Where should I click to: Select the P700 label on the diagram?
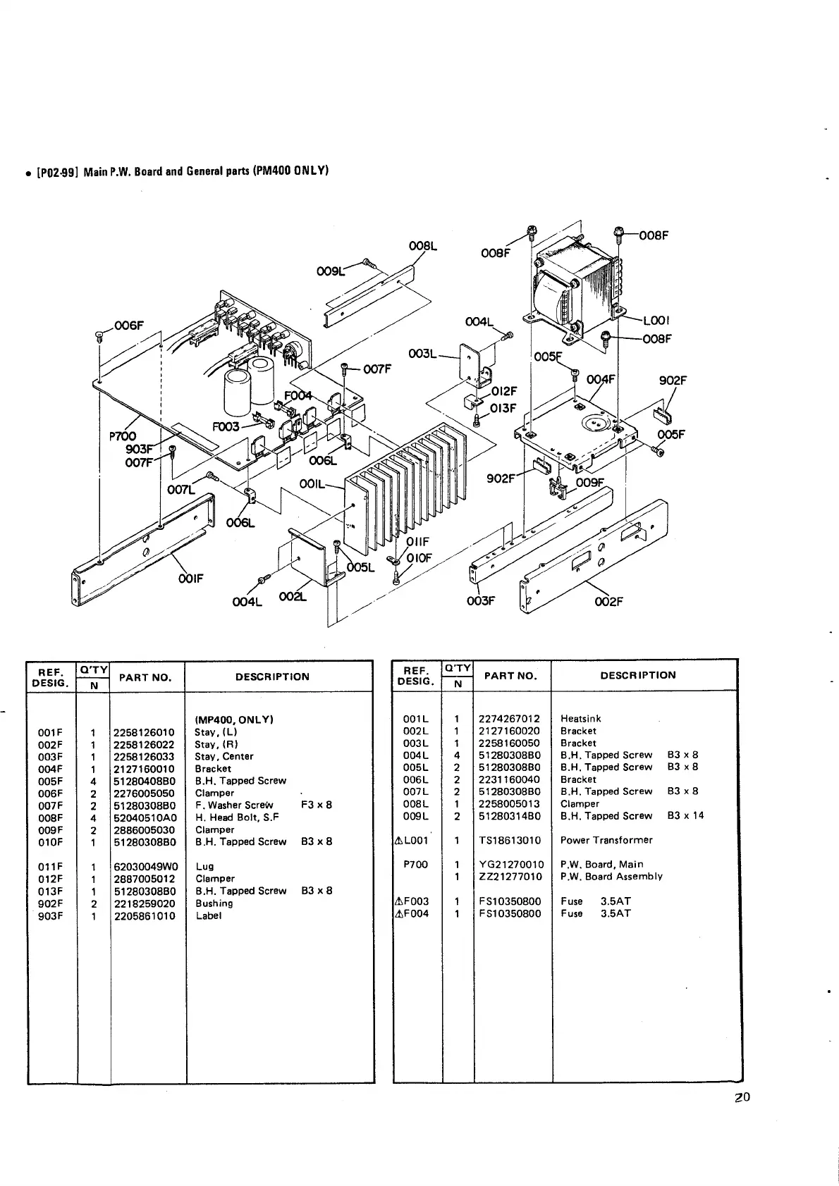pos(123,437)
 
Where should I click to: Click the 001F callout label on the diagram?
pos(190,578)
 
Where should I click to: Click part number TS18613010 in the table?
pos(509,840)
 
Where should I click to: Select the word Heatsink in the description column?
pos(580,719)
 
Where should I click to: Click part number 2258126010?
pos(144,732)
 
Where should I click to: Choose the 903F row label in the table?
pos(50,916)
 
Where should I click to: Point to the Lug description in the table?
pos(204,867)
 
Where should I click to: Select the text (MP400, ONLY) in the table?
pos(233,719)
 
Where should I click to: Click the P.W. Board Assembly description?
pos(611,877)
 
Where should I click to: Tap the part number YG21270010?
pos(510,865)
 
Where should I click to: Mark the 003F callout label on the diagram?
pos(482,601)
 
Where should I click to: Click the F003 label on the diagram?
pos(226,427)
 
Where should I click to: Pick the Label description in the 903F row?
pos(209,916)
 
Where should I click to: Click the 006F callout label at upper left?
pos(130,326)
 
